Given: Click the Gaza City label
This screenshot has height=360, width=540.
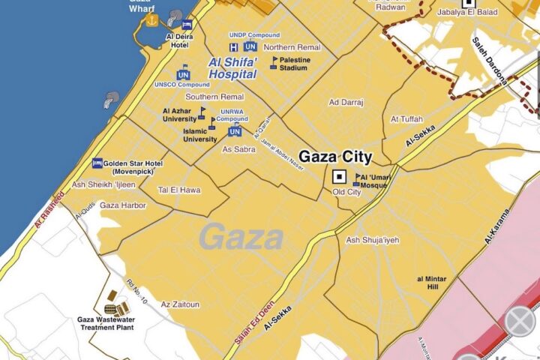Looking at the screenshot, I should point(336,157).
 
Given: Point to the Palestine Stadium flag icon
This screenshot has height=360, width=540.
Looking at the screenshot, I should point(274,58).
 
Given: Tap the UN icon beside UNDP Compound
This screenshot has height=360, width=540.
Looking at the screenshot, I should point(250,46).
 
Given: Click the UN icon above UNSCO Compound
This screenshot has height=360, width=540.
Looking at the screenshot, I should point(183,74).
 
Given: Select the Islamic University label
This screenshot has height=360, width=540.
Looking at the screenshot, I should point(200,134).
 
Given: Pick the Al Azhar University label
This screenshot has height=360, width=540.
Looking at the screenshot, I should point(178,115).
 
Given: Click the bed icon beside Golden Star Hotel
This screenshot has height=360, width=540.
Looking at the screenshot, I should point(97,163).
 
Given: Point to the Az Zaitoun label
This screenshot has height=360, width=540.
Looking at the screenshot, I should point(180,304).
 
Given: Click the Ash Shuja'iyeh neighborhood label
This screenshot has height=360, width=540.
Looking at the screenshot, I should point(373,240).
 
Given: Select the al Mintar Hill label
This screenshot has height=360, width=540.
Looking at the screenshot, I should point(431,283).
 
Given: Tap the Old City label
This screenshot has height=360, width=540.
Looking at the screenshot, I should point(346,192).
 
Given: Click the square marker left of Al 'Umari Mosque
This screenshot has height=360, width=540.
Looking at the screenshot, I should point(339,177).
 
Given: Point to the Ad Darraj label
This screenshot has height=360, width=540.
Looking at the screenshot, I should point(345,102).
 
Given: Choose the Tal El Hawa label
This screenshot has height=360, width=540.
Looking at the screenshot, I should point(179,190).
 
